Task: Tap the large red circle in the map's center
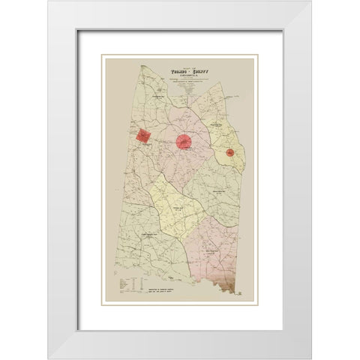185,140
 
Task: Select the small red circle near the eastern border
231,153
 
